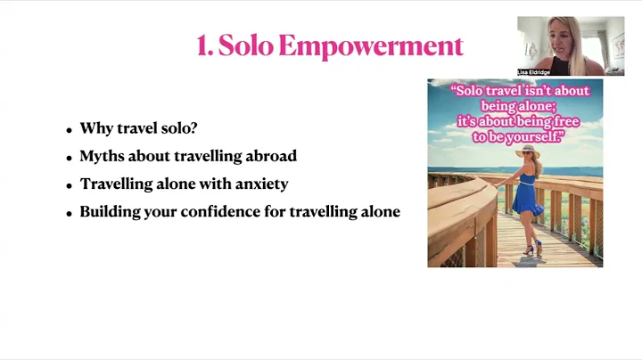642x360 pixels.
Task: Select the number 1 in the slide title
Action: [x=203, y=46]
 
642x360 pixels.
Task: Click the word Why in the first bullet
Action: [x=95, y=128]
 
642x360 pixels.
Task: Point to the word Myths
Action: [x=100, y=156]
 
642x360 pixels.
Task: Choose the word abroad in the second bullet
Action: [x=272, y=156]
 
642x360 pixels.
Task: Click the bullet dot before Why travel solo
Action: [x=69, y=130]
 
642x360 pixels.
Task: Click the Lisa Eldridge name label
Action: [x=532, y=71]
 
